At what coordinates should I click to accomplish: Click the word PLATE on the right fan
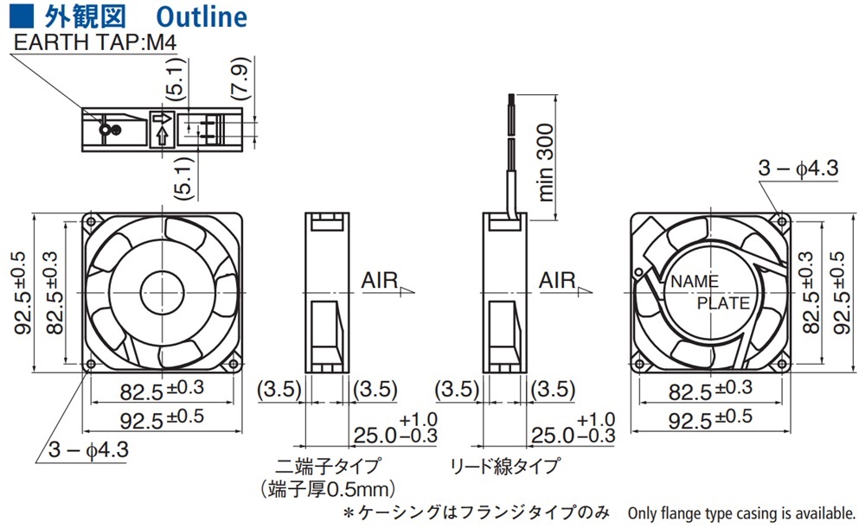point(723,303)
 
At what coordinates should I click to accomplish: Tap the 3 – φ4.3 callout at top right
point(798,169)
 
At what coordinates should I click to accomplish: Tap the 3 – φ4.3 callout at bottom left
point(87,450)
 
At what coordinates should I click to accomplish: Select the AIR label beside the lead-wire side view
point(557,281)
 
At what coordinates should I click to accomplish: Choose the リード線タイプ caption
point(504,467)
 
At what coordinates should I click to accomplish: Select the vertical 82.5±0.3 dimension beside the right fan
point(808,292)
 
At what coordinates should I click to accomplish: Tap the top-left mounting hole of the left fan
point(92,221)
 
